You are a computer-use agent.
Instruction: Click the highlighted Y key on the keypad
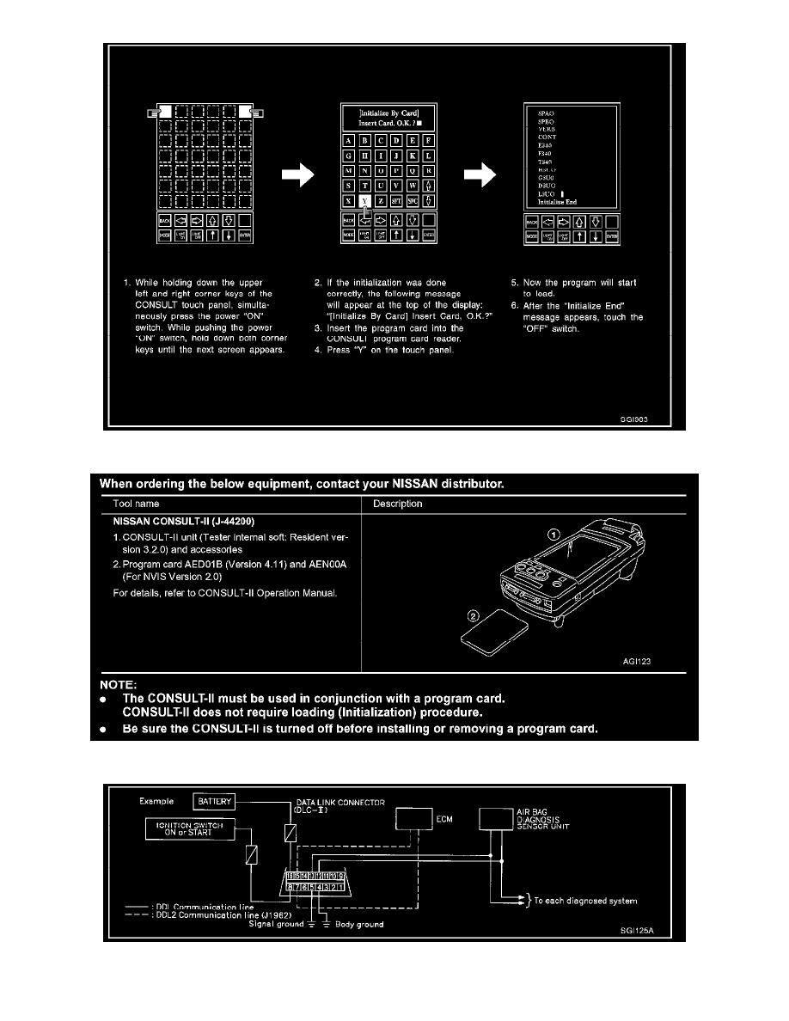point(365,200)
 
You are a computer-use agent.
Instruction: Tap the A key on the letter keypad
point(347,141)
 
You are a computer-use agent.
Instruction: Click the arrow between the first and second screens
point(297,176)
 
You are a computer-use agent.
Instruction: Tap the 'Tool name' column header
point(136,504)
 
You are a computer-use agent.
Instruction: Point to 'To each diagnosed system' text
point(588,901)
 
